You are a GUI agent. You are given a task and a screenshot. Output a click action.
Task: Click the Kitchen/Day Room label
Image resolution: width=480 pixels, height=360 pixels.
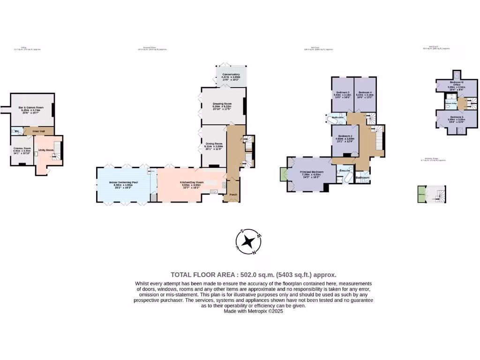tap(192, 182)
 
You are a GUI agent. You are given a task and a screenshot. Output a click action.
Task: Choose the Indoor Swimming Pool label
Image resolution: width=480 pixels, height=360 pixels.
tap(123, 182)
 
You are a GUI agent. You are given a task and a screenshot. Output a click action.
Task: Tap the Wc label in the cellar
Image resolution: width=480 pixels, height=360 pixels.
tap(16, 131)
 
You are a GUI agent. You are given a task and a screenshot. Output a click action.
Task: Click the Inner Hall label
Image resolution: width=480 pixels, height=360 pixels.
tap(38, 131)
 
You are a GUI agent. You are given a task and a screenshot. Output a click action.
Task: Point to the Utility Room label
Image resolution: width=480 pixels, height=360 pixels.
tap(46, 150)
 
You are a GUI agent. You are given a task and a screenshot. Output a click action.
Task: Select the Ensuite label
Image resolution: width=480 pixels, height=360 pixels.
tap(345, 170)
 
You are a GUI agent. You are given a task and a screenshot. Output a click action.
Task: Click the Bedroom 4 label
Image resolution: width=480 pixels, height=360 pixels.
tap(364, 92)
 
